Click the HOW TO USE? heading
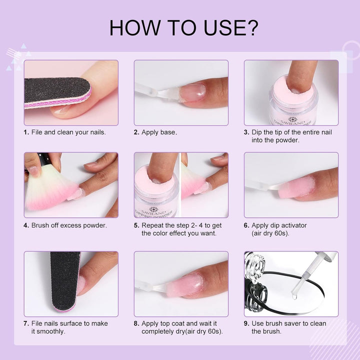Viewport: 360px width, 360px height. click(x=183, y=27)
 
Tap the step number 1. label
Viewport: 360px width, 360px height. click(x=26, y=132)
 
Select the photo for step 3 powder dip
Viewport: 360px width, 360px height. click(x=291, y=92)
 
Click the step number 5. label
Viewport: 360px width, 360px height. click(x=136, y=225)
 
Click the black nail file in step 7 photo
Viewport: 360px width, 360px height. click(x=64, y=284)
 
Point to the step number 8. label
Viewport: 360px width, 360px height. click(x=136, y=323)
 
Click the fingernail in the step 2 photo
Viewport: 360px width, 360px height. click(x=192, y=92)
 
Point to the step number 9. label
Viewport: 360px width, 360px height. click(x=246, y=323)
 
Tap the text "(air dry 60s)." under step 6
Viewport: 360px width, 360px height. click(x=271, y=233)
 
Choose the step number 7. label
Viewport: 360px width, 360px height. click(x=26, y=323)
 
